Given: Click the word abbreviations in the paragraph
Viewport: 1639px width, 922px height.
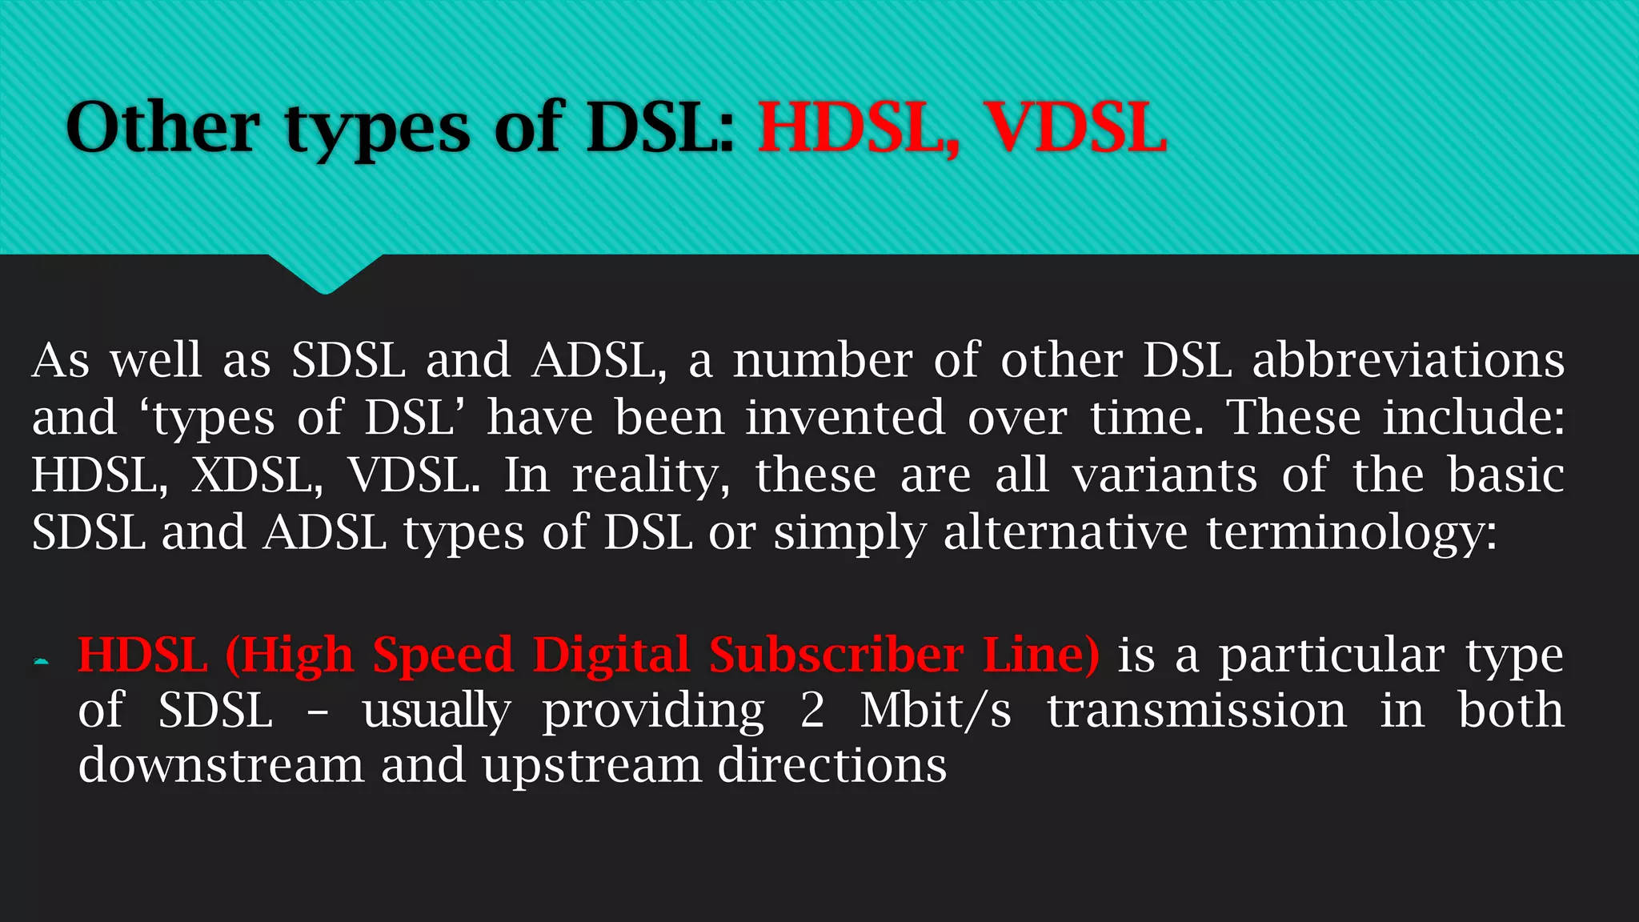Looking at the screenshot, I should [1409, 360].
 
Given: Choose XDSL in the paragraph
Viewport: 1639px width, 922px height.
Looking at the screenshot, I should [257, 475].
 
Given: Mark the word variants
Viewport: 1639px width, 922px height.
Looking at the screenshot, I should [1164, 475].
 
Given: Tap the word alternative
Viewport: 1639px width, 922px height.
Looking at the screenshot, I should [1065, 532].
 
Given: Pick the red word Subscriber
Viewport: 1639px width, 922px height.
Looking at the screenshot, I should [836, 655].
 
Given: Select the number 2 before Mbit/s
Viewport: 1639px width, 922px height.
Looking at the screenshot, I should [812, 711].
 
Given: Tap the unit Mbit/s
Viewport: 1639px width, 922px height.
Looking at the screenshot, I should [936, 711].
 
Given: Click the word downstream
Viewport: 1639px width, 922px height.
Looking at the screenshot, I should [221, 766].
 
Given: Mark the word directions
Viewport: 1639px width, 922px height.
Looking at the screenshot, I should [832, 766].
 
